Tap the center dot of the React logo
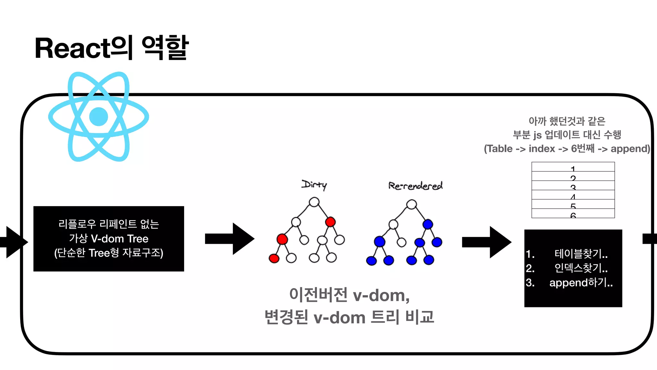pos(98,117)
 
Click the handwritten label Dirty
pos(314,185)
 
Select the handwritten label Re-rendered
pos(415,186)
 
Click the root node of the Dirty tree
pos(314,202)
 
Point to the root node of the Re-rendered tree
pos(411,204)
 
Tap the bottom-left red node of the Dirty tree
pos(274,258)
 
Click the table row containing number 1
pos(573,167)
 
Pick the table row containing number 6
pos(573,214)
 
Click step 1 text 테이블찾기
pos(581,254)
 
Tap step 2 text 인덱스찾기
pos(581,268)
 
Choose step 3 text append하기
pos(581,283)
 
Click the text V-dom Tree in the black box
pos(120,239)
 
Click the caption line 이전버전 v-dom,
pos(349,295)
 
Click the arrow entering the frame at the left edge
pos(14,242)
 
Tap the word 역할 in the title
pos(165,48)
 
